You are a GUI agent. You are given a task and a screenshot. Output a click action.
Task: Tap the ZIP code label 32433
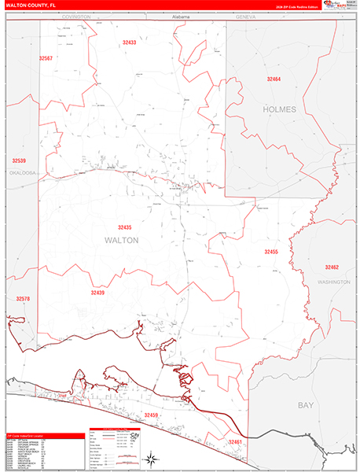coord(130,42)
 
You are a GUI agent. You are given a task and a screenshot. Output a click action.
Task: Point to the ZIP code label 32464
coord(273,79)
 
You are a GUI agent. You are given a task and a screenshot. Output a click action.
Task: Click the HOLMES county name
coord(280,109)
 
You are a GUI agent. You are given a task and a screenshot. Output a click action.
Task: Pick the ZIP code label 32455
coord(271,252)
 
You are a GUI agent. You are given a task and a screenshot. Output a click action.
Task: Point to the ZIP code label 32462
coord(337,267)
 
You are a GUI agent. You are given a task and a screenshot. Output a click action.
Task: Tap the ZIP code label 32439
coord(97,293)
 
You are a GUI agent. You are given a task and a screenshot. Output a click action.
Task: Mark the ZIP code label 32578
coord(22,299)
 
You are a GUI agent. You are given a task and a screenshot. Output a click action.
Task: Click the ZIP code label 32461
coord(235,442)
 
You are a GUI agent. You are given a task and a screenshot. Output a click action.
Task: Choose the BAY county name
coord(305,405)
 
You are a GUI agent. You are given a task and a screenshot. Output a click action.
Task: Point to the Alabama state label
coord(182,16)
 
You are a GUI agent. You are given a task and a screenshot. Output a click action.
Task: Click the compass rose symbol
coord(149,456)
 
